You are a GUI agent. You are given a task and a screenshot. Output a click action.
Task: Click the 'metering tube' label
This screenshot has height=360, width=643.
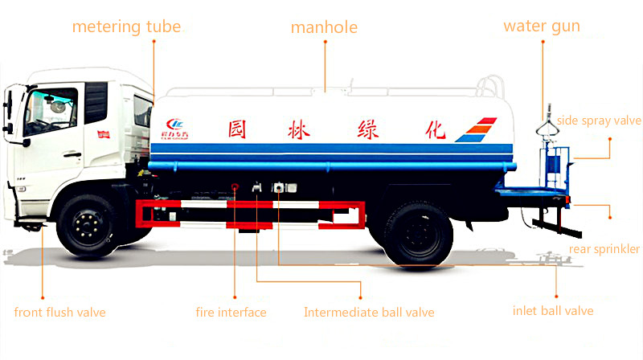[126, 27]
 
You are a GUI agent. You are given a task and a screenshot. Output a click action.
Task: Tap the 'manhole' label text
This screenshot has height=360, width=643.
[324, 27]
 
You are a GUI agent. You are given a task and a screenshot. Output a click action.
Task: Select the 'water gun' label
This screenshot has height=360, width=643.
[542, 27]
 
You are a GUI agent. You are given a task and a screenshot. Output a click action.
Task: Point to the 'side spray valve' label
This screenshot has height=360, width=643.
[599, 121]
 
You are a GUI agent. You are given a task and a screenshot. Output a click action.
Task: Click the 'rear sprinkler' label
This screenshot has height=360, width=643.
[604, 249]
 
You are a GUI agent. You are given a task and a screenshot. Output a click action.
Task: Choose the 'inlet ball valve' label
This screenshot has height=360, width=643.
[553, 311]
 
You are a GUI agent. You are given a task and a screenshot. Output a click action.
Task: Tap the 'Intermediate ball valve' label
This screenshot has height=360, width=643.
[369, 313]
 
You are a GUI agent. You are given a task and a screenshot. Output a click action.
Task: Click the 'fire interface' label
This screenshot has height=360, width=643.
[231, 313]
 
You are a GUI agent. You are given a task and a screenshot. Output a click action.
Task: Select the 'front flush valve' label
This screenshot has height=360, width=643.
[59, 313]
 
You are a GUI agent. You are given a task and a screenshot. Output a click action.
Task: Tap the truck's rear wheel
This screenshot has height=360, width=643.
[418, 234]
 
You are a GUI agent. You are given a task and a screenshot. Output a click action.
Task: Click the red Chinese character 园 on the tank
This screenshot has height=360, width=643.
[237, 129]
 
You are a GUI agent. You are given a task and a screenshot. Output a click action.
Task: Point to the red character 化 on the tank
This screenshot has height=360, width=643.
[435, 129]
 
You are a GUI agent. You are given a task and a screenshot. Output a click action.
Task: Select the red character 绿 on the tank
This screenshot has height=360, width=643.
[368, 130]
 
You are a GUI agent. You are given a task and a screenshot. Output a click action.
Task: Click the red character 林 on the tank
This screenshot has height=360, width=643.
[298, 130]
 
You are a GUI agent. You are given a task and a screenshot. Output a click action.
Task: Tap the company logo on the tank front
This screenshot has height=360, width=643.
[174, 129]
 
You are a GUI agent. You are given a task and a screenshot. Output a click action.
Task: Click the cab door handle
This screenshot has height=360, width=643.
[72, 154]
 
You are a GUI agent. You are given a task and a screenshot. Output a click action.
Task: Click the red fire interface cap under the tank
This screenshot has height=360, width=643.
[235, 187]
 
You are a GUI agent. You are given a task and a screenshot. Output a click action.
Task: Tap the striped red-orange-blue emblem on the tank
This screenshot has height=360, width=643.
[476, 129]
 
